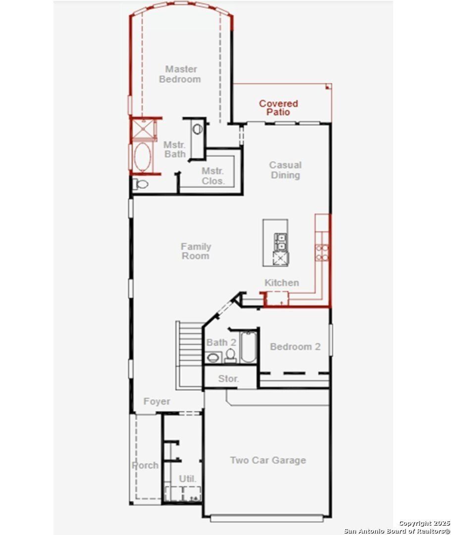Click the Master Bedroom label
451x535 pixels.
pyautogui.click(x=180, y=74)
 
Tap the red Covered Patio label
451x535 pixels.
pyautogui.click(x=278, y=107)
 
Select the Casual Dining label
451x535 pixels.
pyautogui.click(x=285, y=170)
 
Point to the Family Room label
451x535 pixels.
pyautogui.click(x=196, y=251)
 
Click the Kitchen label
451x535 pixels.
pyautogui.click(x=282, y=283)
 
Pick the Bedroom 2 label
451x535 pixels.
pyautogui.click(x=295, y=347)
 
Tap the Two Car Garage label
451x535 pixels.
pyautogui.click(x=268, y=460)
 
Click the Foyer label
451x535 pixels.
pyautogui.click(x=156, y=402)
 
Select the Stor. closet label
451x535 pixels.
pyautogui.click(x=229, y=379)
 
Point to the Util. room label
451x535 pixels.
pyautogui.click(x=188, y=479)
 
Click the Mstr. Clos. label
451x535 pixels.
pyautogui.click(x=213, y=176)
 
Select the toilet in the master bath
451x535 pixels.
pyautogui.click(x=141, y=185)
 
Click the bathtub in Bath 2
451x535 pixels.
pyautogui.click(x=247, y=348)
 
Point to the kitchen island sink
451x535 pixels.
pyautogui.click(x=281, y=241)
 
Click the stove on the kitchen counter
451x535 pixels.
pyautogui.click(x=322, y=252)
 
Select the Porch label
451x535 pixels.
pyautogui.click(x=145, y=466)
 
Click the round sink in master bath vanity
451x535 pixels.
pyautogui.click(x=198, y=129)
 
